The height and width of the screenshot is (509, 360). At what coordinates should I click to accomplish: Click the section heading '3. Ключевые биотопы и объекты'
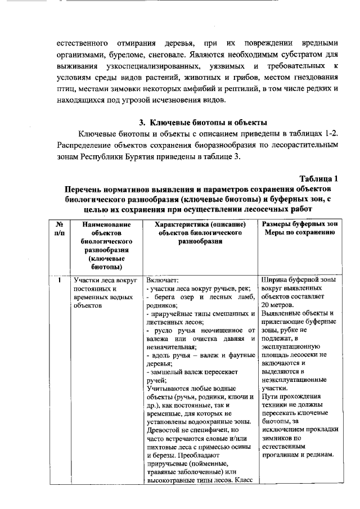tap(202, 122)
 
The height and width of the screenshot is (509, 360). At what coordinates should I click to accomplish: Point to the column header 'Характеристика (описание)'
tap(200, 224)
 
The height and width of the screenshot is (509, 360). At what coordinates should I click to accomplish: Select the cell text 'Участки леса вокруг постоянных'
tap(101, 283)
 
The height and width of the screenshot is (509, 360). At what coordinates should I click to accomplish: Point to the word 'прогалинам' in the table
tap(281, 454)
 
